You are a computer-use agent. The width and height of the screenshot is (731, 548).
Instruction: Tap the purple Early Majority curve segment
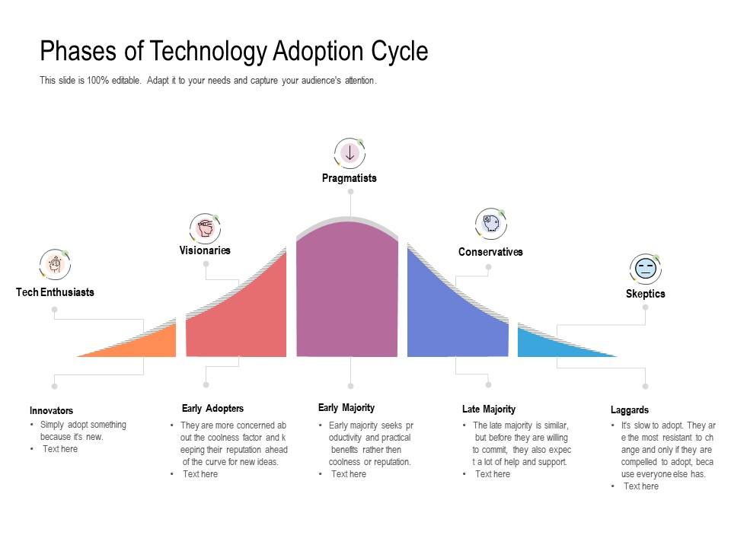[x=347, y=289]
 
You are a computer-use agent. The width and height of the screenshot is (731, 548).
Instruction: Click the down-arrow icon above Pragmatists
[x=350, y=153]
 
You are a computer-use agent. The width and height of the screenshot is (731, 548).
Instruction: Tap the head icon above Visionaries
[x=205, y=228]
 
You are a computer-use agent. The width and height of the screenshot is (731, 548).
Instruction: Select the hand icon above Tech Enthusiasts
[x=56, y=264]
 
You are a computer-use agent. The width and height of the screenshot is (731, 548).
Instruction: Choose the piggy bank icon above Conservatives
[x=491, y=223]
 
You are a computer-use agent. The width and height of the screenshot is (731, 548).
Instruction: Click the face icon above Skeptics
[x=646, y=269]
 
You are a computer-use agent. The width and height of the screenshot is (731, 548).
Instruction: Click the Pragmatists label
[x=350, y=178]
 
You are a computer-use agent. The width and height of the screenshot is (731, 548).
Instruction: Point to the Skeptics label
[x=646, y=294]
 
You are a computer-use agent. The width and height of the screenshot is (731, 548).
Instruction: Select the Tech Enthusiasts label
[x=55, y=292]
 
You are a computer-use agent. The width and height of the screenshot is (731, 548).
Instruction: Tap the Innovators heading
[x=51, y=410]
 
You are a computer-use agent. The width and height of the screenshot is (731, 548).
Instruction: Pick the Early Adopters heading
[x=212, y=408]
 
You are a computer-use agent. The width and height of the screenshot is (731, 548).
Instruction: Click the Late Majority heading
[x=489, y=409]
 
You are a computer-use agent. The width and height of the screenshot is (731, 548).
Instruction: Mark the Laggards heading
[x=630, y=410]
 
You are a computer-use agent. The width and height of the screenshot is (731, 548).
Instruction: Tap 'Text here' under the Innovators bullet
[x=60, y=449]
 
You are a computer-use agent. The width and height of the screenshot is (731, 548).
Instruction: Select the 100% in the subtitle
[x=97, y=80]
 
